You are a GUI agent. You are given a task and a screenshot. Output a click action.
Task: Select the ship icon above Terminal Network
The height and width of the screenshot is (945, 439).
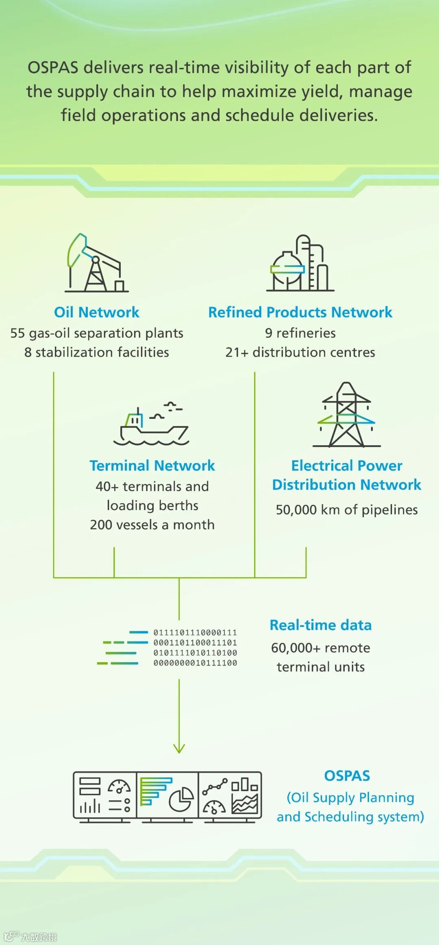tap(151, 424)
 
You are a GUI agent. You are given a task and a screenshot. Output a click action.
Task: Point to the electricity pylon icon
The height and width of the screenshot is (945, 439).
tap(346, 415)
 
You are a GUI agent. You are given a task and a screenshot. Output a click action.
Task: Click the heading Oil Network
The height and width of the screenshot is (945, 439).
tap(97, 312)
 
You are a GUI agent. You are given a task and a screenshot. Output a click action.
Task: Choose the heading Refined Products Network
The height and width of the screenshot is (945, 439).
tap(300, 312)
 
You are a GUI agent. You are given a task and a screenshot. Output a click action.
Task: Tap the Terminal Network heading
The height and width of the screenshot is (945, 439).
tap(152, 465)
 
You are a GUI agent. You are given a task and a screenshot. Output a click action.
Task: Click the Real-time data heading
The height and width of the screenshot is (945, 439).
tap(321, 625)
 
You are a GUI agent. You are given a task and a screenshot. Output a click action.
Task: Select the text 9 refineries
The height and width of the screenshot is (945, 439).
tap(300, 333)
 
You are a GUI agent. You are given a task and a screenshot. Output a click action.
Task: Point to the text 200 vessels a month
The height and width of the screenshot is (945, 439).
tap(152, 525)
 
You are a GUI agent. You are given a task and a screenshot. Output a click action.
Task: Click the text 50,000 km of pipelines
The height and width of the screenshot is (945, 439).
tap(347, 509)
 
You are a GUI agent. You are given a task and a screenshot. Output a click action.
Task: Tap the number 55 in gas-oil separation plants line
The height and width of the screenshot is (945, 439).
tap(17, 333)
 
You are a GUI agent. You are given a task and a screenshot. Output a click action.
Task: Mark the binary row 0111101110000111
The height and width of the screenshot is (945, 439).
tap(195, 633)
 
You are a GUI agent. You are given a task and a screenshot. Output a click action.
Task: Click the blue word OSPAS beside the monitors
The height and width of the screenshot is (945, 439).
tap(347, 776)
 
